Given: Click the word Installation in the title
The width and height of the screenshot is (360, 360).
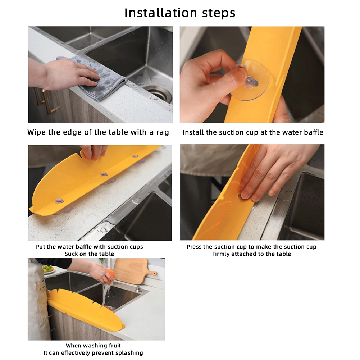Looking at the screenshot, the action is [160, 13].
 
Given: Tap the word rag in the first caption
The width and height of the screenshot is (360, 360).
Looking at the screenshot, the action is [163, 132].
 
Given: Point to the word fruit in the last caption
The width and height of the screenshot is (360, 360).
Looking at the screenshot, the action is [115, 346].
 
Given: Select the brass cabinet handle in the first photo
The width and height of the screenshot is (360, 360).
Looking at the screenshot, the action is [46, 101].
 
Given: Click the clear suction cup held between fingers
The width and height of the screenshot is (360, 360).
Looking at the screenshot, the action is [251, 80].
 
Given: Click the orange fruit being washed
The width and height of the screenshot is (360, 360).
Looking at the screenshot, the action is [110, 275].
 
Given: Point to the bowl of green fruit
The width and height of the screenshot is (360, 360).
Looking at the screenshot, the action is [48, 269].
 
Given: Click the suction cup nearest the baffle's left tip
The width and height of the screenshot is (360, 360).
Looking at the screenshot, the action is [59, 201].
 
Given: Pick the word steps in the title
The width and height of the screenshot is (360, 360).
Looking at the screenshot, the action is [219, 13].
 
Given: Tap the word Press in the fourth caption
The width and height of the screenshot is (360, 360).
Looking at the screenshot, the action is [194, 247].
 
